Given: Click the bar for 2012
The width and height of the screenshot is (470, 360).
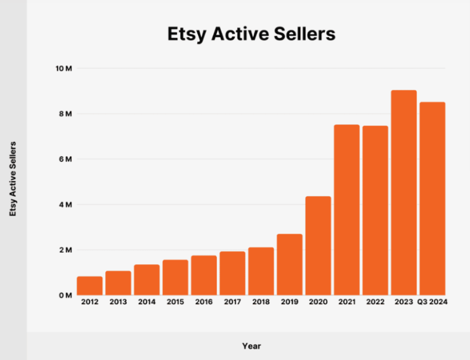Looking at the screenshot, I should (89, 286).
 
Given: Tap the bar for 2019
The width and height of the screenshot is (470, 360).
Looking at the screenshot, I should (289, 265).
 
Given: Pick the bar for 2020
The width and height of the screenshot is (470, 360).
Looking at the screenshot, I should (318, 246).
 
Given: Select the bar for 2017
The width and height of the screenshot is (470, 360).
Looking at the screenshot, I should (232, 274).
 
